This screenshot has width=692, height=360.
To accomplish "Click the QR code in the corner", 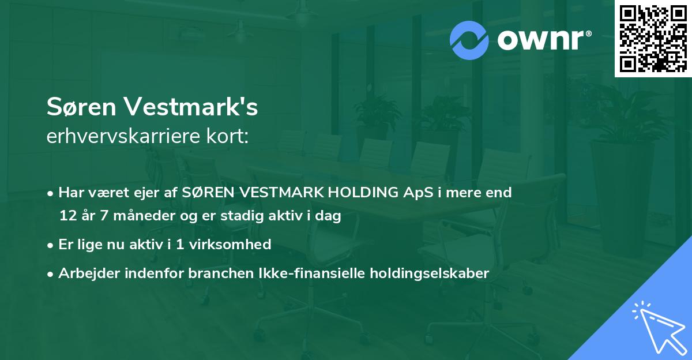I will click(653, 39).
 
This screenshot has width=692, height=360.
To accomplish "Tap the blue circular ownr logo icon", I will click(469, 39).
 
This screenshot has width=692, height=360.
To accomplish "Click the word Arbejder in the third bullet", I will click(86, 273).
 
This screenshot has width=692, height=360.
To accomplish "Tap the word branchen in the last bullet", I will click(214, 273).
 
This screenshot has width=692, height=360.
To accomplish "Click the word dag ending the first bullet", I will click(330, 217).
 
